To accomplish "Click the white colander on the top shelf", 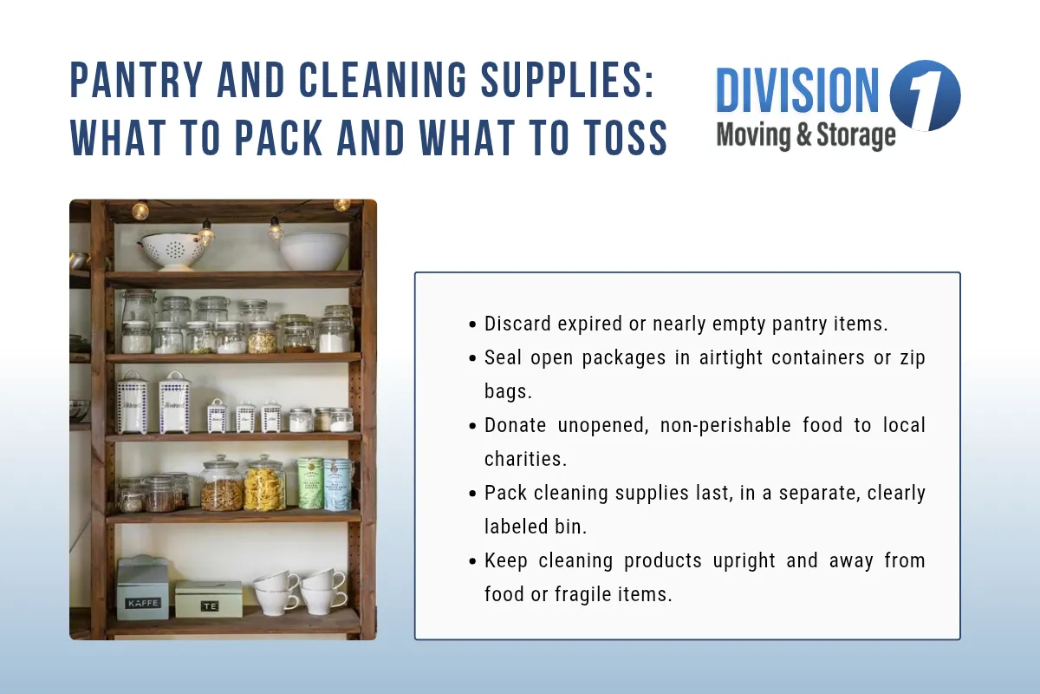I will tap(172, 249).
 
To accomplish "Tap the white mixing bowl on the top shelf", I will tap(313, 250).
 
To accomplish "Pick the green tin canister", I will tap(309, 484).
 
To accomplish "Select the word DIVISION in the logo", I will tap(797, 91).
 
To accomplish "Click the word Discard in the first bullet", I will tap(516, 324).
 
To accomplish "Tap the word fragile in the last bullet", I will tap(592, 594).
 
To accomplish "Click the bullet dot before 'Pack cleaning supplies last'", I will tap(472, 494).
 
